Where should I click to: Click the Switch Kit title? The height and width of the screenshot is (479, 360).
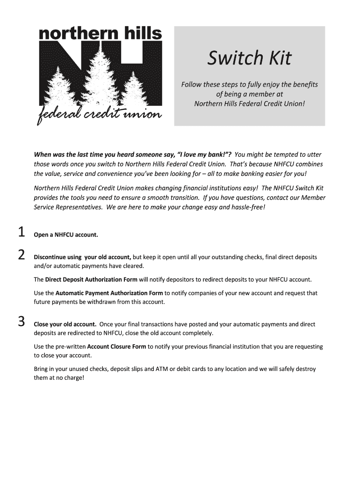[x=249, y=58]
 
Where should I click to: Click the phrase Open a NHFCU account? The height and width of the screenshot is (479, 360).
[x=66, y=235]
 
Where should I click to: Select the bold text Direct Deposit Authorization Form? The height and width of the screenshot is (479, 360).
[x=91, y=280]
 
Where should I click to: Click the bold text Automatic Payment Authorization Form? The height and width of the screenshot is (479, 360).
[x=109, y=293]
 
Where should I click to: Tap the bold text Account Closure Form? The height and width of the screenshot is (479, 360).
[x=116, y=347]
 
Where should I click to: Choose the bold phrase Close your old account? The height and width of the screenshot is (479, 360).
[x=65, y=324]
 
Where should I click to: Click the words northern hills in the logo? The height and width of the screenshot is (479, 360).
[x=100, y=34]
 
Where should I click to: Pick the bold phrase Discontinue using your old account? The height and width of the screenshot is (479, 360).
[x=82, y=257]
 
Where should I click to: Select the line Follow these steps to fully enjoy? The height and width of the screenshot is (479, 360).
[x=249, y=85]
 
